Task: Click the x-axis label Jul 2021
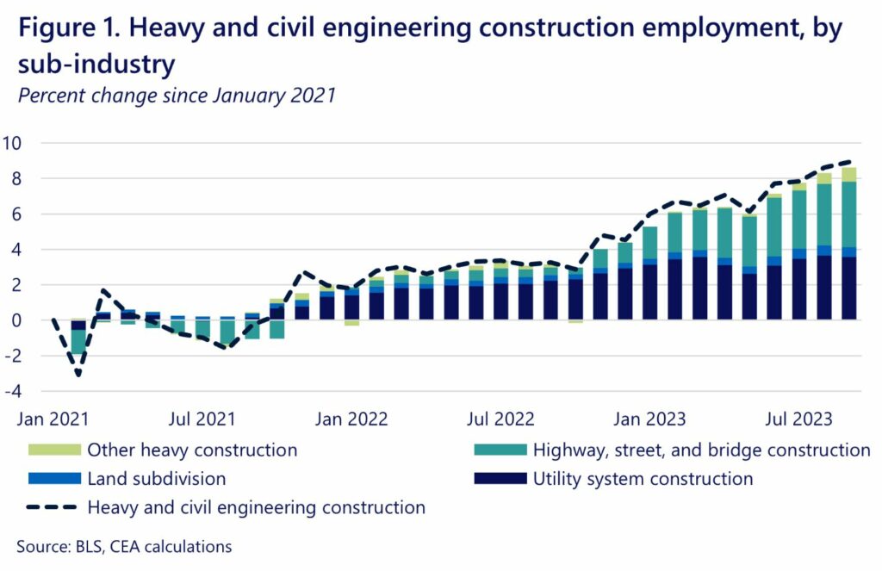[x=202, y=419]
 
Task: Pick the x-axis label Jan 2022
[x=352, y=419]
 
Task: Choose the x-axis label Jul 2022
[x=501, y=419]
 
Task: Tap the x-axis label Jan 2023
[x=650, y=419]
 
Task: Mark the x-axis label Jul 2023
[x=800, y=419]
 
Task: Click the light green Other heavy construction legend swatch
[x=53, y=450]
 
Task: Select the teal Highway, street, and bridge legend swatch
[x=499, y=450]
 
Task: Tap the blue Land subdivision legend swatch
[x=53, y=479]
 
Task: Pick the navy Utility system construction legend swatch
[x=499, y=479]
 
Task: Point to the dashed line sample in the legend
[x=53, y=508]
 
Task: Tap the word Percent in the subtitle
[x=51, y=96]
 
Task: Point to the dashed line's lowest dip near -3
[x=78, y=375]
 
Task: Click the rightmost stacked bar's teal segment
[x=849, y=214]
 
